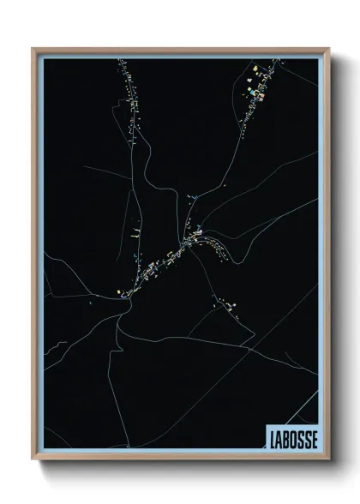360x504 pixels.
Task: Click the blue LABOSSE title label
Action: pos(291,436)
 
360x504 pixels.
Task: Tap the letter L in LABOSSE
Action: pos(270,436)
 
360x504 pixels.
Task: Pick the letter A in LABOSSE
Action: pos(277,436)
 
